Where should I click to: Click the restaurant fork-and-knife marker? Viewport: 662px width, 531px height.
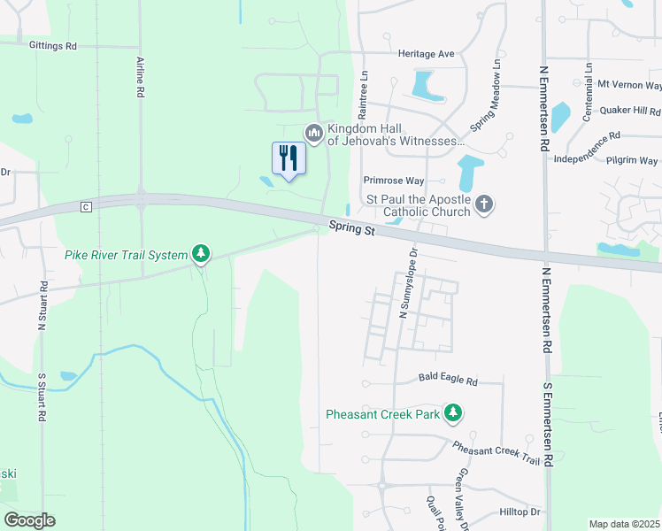coord(289,158)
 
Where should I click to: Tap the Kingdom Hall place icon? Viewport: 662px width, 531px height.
coord(312,133)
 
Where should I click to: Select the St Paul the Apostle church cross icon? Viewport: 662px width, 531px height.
coord(483,205)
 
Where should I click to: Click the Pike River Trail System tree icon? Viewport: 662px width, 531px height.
coord(202,255)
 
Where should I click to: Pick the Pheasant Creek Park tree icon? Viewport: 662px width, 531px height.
coord(453,413)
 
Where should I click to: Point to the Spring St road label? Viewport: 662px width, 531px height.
coord(352,228)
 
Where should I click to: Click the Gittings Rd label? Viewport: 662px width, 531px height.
coord(53,45)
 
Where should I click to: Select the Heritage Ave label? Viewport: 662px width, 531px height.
coord(426,54)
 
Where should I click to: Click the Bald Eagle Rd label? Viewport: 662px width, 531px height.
coord(448,381)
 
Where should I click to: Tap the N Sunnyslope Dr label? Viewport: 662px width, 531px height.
coord(407,284)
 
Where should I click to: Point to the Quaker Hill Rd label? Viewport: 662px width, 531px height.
coord(630,112)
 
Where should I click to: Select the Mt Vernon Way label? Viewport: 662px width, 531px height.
coord(630,85)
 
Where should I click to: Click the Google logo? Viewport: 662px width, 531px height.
coord(29,520)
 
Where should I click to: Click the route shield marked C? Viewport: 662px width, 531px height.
coord(86,207)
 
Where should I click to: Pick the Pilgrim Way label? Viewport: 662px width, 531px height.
coord(632,161)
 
